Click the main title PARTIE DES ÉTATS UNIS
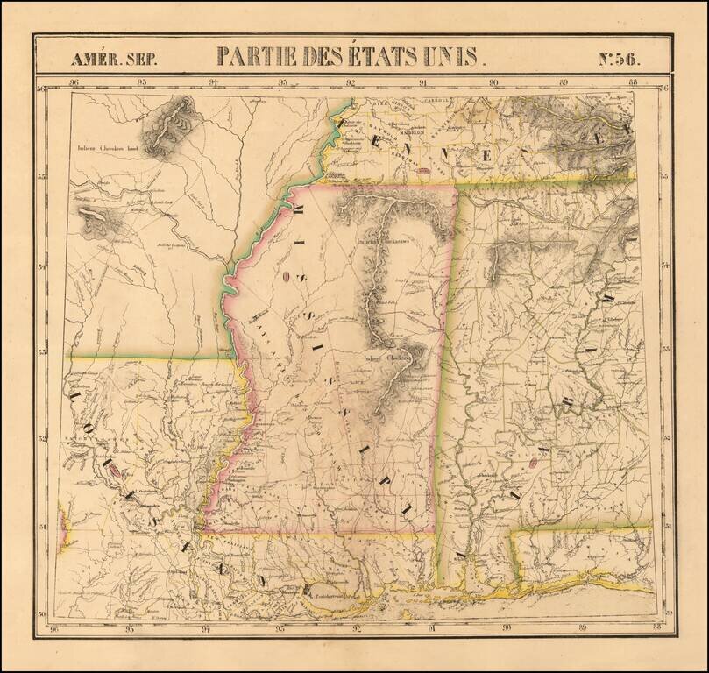pyautogui.click(x=347, y=57)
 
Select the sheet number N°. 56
pyautogui.click(x=619, y=60)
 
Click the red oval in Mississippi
pyautogui.click(x=287, y=278)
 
